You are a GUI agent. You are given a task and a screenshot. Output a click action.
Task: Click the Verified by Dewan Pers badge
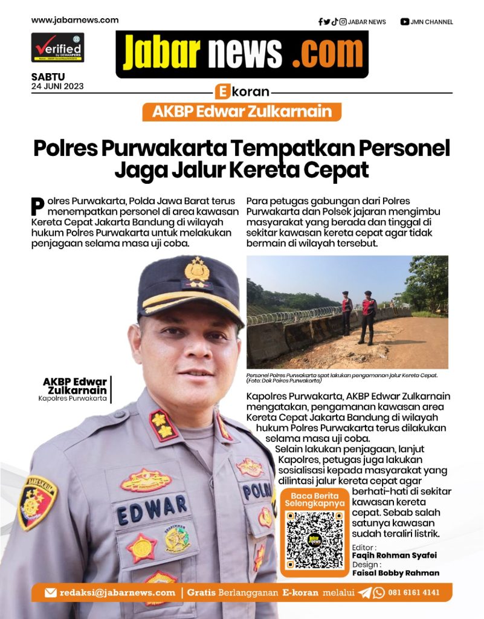click(57, 48)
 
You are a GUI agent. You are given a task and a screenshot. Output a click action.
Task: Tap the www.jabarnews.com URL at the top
click(75, 20)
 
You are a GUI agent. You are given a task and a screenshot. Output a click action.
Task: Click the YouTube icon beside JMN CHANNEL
click(404, 22)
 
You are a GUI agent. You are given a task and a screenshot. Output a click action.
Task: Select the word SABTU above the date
click(48, 77)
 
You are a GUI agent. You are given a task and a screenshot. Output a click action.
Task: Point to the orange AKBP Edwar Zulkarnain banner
click(242, 112)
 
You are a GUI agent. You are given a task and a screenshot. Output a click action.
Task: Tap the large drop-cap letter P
click(37, 206)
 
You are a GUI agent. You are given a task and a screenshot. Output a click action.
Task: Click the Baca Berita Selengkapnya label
click(314, 499)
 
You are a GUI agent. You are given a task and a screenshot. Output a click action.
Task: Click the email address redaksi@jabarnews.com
click(117, 592)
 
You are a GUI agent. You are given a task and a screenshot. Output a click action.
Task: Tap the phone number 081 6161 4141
click(414, 592)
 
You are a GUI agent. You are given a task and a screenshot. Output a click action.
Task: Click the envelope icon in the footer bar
click(51, 593)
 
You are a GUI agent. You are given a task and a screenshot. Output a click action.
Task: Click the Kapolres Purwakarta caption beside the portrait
click(73, 398)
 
